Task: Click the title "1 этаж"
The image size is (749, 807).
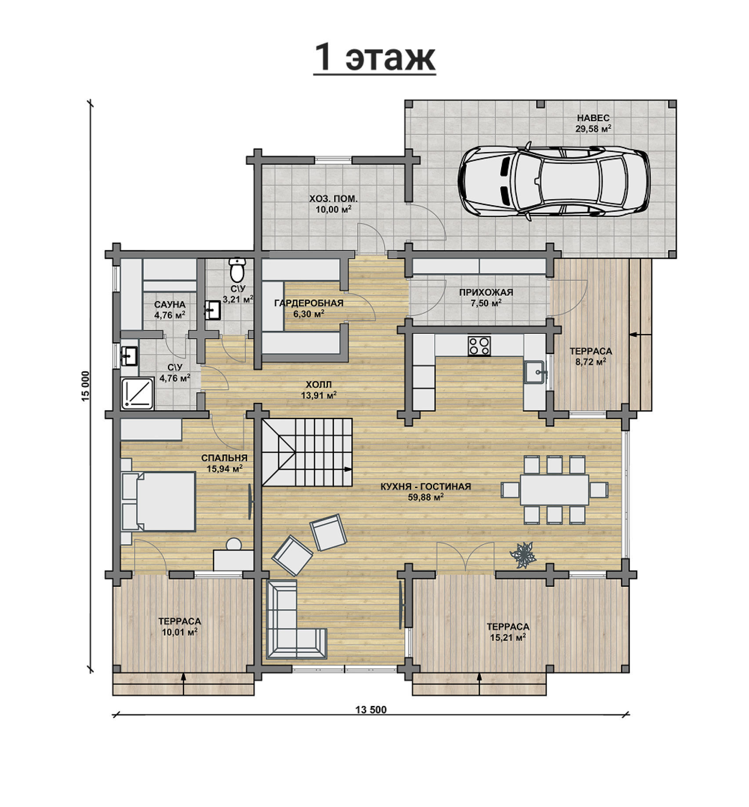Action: click(x=374, y=58)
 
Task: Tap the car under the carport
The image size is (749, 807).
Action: click(x=554, y=181)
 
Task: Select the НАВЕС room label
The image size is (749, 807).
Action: click(x=593, y=118)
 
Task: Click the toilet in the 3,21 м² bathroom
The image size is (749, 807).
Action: click(x=237, y=269)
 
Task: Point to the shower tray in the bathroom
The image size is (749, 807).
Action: click(x=138, y=393)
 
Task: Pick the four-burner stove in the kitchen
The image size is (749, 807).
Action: click(x=479, y=345)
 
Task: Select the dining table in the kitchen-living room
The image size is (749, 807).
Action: click(x=554, y=489)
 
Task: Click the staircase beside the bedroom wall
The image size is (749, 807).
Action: click(x=307, y=452)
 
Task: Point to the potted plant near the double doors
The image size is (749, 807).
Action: click(x=523, y=555)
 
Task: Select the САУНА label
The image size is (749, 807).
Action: click(x=170, y=305)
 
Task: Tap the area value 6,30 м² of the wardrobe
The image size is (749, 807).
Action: click(x=309, y=314)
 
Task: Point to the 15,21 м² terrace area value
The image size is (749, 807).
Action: click(x=508, y=637)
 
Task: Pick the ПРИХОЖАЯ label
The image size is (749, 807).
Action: click(x=486, y=292)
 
